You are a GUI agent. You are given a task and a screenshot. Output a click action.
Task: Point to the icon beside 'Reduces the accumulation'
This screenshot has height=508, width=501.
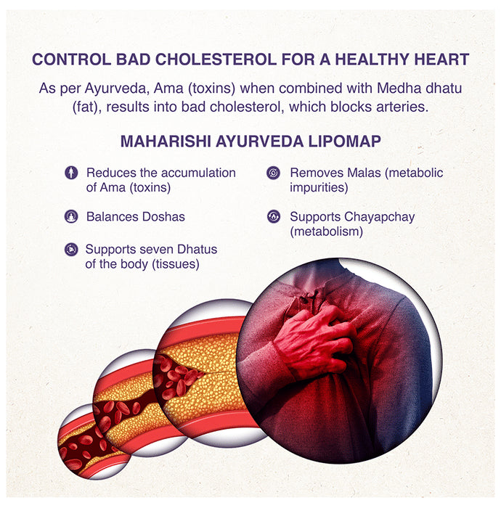click(70, 173)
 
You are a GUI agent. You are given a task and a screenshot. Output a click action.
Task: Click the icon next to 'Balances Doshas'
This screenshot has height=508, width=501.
click(70, 216)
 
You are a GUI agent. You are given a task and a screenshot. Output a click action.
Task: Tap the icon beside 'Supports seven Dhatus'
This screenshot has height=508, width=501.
click(70, 250)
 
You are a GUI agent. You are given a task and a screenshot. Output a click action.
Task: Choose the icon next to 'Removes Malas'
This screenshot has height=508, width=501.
click(273, 173)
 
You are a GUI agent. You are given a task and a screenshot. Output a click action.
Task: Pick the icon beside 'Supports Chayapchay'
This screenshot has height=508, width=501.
click(273, 216)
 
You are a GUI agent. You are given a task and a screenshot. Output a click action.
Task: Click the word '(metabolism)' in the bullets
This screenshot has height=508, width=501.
click(326, 232)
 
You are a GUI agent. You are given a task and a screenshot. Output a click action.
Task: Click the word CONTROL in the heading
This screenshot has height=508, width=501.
click(63, 60)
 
